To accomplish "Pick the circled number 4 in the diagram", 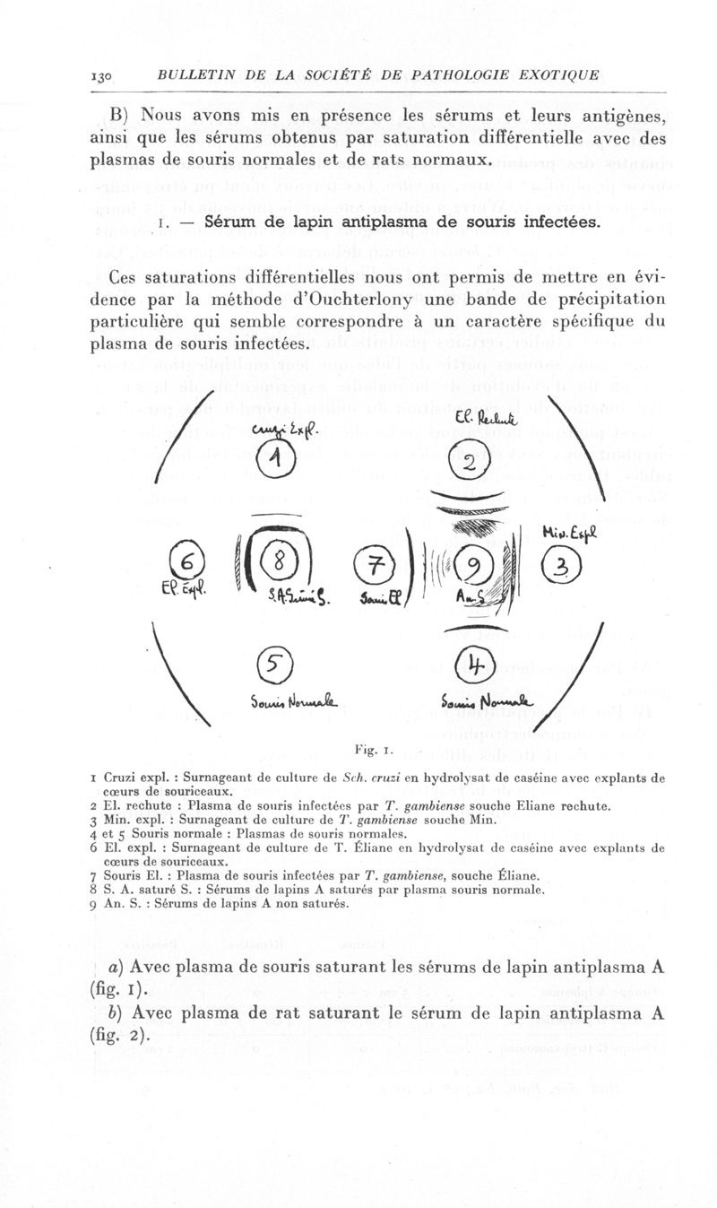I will pyautogui.click(x=471, y=665).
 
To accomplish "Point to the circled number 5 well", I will pyautogui.click(x=272, y=665).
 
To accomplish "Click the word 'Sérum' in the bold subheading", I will pyautogui.click(x=233, y=222).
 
